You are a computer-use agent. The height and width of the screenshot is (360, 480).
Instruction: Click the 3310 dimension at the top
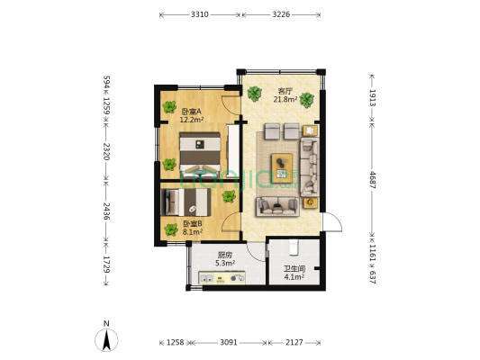tap(200, 14)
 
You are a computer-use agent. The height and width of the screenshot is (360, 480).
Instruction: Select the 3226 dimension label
tap(281, 14)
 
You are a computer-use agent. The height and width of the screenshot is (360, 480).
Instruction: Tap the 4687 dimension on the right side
tap(372, 179)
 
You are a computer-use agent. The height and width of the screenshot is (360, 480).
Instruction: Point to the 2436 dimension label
tap(106, 211)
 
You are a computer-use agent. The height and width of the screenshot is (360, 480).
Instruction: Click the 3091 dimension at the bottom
tap(229, 342)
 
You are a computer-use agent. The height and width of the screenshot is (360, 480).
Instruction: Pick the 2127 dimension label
tap(294, 342)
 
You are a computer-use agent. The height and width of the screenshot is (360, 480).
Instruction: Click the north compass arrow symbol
tap(106, 340)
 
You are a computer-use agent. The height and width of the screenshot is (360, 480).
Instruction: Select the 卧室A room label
tap(191, 112)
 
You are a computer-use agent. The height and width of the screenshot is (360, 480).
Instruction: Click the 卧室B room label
tap(193, 224)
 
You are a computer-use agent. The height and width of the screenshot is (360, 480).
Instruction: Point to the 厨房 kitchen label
tap(225, 255)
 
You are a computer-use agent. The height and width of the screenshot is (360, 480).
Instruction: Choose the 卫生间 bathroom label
tap(294, 269)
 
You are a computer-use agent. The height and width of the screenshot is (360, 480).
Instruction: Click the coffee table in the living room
tap(282, 168)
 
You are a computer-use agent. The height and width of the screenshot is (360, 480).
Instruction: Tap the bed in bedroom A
tap(200, 153)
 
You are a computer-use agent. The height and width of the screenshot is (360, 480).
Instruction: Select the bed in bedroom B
tap(186, 202)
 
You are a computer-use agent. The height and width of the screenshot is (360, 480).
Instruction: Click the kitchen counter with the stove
tap(222, 278)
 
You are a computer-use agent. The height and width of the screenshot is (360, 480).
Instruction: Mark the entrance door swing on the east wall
tap(332, 221)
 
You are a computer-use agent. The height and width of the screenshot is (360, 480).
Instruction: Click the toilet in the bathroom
tap(294, 247)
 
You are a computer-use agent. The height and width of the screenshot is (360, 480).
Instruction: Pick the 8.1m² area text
tap(193, 232)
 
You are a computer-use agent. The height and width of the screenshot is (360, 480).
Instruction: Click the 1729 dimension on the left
tap(106, 265)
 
